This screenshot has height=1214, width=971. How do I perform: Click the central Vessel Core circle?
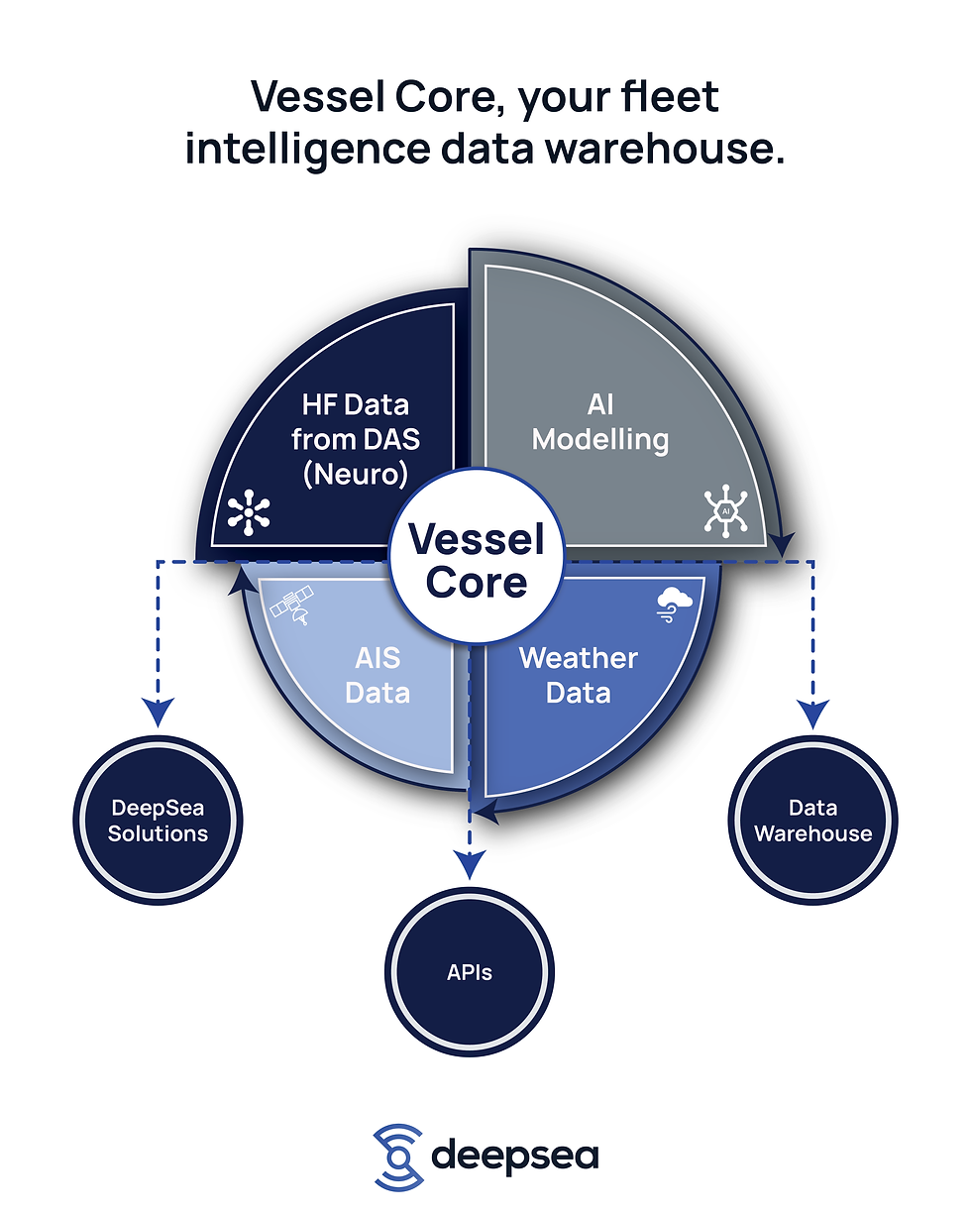(477, 556)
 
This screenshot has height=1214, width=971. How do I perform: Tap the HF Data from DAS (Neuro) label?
(356, 439)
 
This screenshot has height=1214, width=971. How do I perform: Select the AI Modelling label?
(600, 422)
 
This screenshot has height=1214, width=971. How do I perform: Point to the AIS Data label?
(378, 675)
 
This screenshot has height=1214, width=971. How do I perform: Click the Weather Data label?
(579, 675)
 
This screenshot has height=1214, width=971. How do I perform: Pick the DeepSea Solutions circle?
(158, 821)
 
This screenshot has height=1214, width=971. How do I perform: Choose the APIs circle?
(470, 972)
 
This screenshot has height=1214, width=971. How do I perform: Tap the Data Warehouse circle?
(813, 821)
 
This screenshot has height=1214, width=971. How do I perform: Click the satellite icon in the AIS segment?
(292, 605)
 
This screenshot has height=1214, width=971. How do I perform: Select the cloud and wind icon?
(675, 605)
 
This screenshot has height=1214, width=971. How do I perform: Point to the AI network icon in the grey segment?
(726, 510)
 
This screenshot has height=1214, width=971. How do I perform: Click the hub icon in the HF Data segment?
(249, 512)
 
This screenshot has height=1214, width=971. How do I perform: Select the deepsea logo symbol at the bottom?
(398, 1158)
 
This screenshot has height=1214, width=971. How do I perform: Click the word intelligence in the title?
(308, 150)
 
